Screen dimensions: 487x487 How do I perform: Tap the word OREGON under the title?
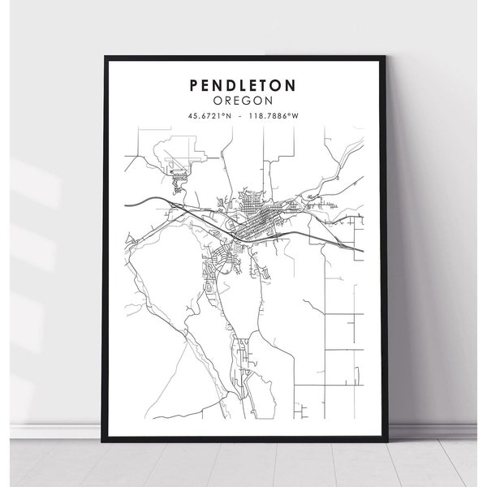pyautogui.click(x=243, y=101)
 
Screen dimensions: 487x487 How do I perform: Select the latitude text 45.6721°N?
pyautogui.click(x=210, y=117)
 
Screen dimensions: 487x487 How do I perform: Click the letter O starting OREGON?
pyautogui.click(x=218, y=101)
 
